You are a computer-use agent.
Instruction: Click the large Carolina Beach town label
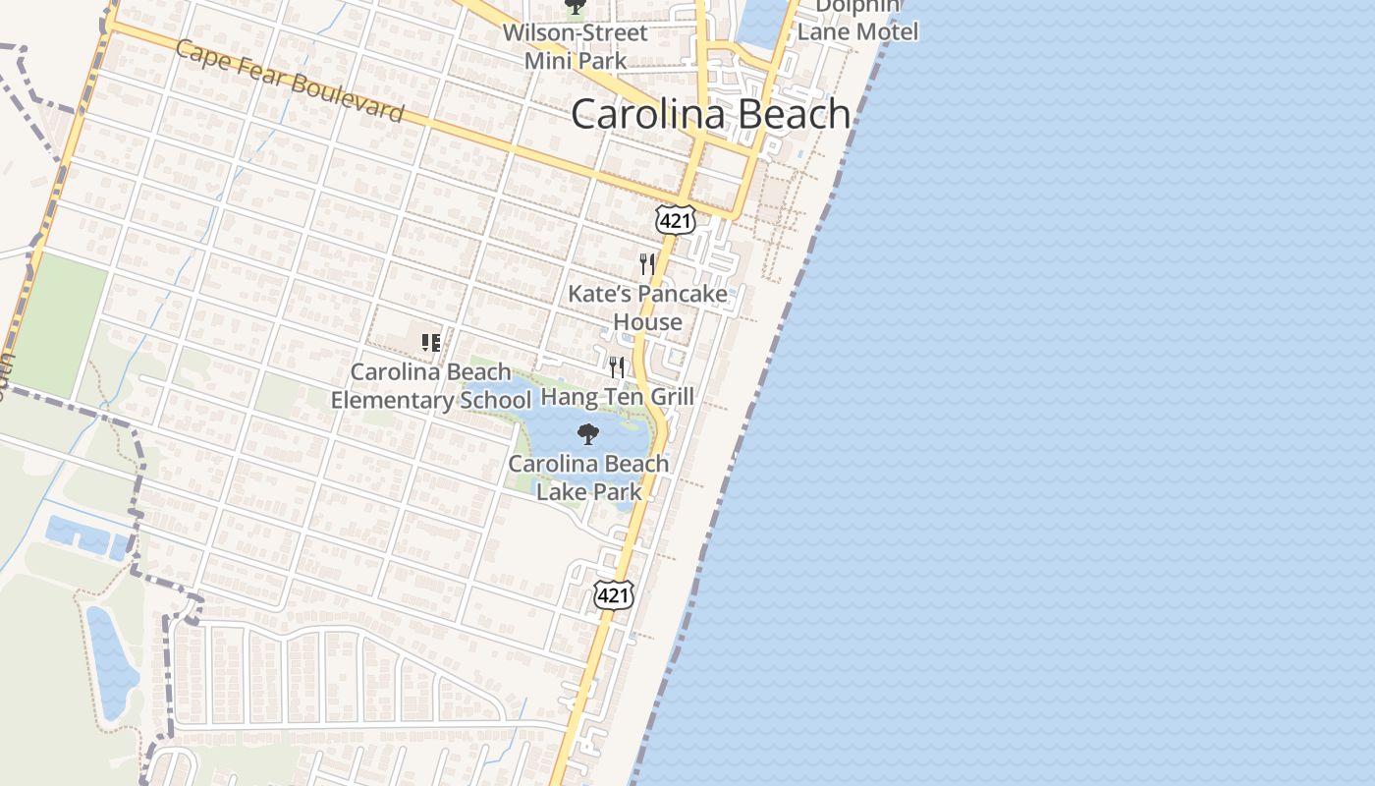click(x=710, y=114)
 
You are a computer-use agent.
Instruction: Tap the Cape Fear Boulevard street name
click(x=290, y=81)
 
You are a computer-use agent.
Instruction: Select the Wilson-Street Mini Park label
click(x=576, y=46)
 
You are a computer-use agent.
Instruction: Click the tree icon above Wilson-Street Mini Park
click(x=575, y=8)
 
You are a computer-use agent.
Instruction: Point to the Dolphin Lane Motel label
click(x=857, y=20)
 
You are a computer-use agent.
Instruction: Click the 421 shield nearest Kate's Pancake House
click(x=676, y=220)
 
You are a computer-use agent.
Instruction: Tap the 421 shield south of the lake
click(x=613, y=594)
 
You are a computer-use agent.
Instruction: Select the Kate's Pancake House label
click(x=648, y=308)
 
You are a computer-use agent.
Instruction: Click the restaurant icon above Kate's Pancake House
click(x=646, y=263)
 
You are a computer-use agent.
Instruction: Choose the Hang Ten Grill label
click(x=618, y=397)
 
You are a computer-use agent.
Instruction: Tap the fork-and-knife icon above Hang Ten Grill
click(x=616, y=367)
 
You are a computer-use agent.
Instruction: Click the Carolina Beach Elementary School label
click(x=431, y=386)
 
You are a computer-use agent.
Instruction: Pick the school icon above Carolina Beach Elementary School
click(x=430, y=342)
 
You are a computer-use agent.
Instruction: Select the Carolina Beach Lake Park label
click(x=589, y=477)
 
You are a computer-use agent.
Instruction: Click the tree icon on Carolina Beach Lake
click(x=587, y=434)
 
